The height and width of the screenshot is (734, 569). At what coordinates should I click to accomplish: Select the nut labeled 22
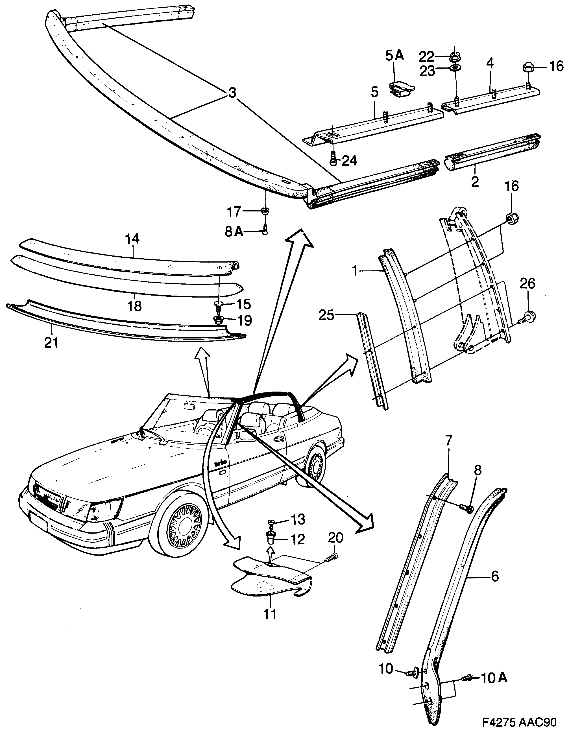tap(455, 57)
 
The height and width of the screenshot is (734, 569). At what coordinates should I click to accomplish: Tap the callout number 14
tap(132, 239)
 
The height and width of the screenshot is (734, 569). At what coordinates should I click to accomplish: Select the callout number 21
tap(51, 343)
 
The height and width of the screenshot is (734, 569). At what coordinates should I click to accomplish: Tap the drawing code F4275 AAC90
tap(520, 722)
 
